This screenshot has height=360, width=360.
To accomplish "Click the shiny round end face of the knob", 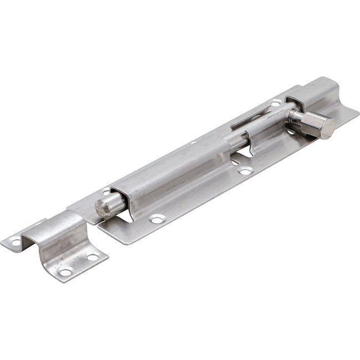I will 328,128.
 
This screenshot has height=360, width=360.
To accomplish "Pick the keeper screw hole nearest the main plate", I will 92,258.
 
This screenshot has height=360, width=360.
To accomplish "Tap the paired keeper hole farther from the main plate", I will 65,272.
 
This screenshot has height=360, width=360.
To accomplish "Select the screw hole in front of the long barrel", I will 157,219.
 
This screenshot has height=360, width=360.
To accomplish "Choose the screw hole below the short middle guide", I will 245,172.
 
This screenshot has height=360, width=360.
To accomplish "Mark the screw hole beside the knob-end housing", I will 275,103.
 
